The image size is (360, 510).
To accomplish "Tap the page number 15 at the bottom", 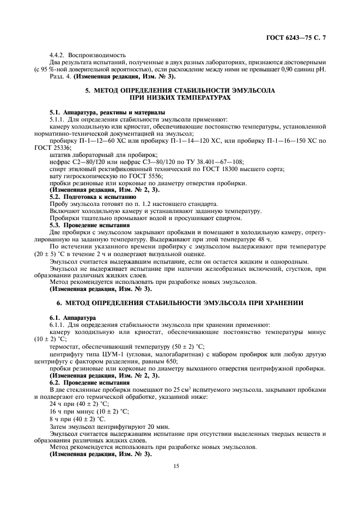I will (176, 466).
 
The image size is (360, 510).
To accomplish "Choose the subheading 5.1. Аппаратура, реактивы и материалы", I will (100, 112).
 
